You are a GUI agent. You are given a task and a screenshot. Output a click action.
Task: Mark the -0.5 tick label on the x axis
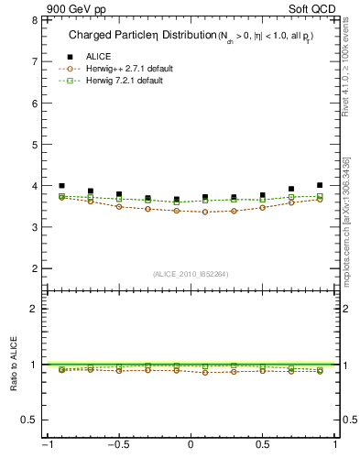pyautogui.click(x=116, y=446)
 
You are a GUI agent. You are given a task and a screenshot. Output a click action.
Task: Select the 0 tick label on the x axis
pyautogui.click(x=191, y=446)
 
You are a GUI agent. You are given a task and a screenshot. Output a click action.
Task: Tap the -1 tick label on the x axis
pyautogui.click(x=45, y=446)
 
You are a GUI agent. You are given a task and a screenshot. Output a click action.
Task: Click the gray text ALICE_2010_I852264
pyautogui.click(x=190, y=273)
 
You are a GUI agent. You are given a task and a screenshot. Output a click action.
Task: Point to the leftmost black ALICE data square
pyautogui.click(x=61, y=185)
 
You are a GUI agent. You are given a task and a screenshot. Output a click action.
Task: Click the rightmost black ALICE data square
pyautogui.click(x=320, y=185)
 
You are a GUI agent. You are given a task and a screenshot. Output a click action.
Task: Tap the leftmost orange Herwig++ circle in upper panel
pyautogui.click(x=61, y=197)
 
